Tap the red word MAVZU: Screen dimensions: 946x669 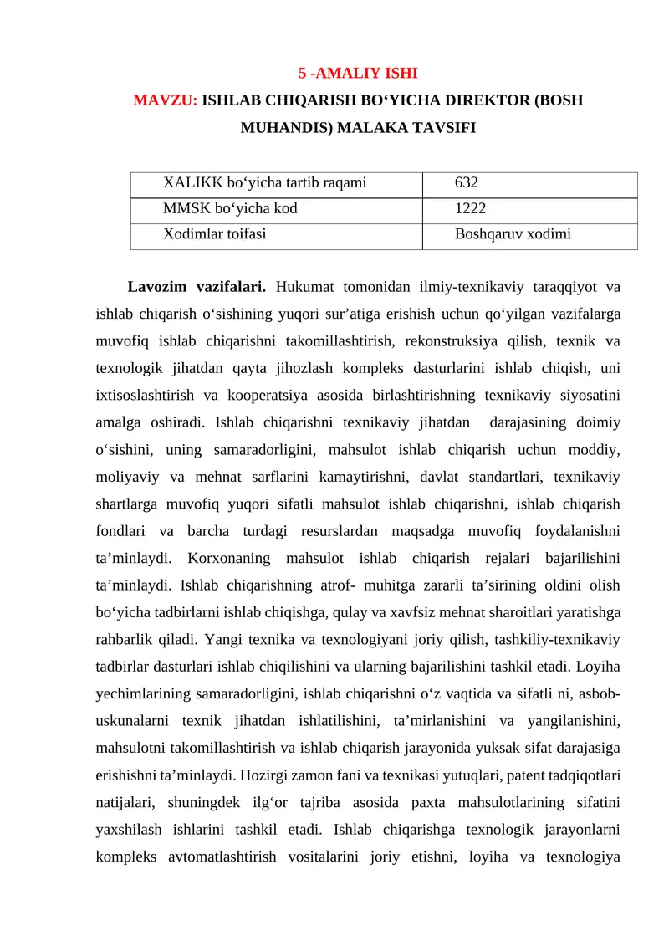click(x=166, y=101)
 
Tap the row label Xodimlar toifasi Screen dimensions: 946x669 click(x=215, y=234)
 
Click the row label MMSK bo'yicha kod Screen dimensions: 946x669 click(x=230, y=208)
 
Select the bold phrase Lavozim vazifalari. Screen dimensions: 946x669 click(x=197, y=288)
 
